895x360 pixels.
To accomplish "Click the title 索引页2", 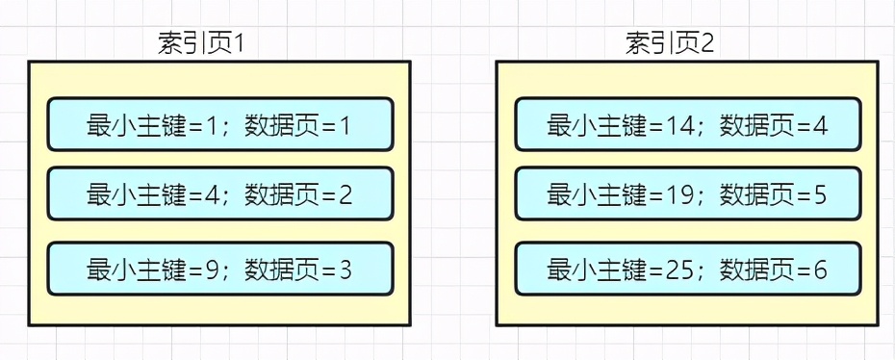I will (670, 43).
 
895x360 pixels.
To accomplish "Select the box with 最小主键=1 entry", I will (220, 125).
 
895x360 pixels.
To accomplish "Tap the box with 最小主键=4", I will (220, 194).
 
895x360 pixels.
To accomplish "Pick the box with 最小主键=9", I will (220, 270).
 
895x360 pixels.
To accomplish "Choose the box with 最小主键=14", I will (688, 125).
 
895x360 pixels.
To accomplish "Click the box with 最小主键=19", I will (688, 194).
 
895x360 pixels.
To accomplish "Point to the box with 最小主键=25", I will (688, 270).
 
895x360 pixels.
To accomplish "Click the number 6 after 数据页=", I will (820, 270).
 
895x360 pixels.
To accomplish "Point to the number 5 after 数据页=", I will (820, 195).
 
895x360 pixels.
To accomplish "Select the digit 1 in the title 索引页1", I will (243, 43).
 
